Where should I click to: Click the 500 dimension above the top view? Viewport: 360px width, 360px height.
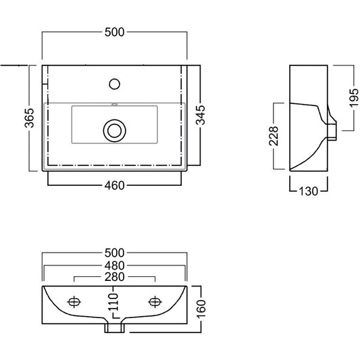click(x=114, y=32)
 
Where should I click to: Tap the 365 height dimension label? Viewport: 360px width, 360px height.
click(x=30, y=118)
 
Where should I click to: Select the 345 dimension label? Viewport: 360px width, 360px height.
click(x=201, y=115)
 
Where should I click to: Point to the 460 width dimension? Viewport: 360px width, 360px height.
click(x=114, y=185)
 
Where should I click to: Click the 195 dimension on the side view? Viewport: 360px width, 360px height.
click(x=354, y=98)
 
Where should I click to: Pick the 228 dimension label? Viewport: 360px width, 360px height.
click(x=274, y=136)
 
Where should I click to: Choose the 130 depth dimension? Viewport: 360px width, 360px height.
click(x=309, y=191)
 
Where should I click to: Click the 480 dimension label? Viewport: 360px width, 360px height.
click(x=114, y=265)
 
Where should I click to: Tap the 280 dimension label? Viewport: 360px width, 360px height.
click(x=114, y=277)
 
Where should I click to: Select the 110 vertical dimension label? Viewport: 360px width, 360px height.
click(x=113, y=302)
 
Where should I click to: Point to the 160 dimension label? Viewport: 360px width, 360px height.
click(x=201, y=309)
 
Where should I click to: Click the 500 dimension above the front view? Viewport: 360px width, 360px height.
click(x=114, y=253)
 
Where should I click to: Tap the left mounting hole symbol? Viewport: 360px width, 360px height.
click(x=74, y=302)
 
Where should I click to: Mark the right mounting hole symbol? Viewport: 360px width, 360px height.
click(x=155, y=302)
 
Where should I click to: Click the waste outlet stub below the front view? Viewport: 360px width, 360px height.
click(x=114, y=328)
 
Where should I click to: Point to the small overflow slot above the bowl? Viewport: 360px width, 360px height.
click(x=114, y=105)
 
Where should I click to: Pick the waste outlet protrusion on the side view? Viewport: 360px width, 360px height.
click(x=332, y=132)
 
